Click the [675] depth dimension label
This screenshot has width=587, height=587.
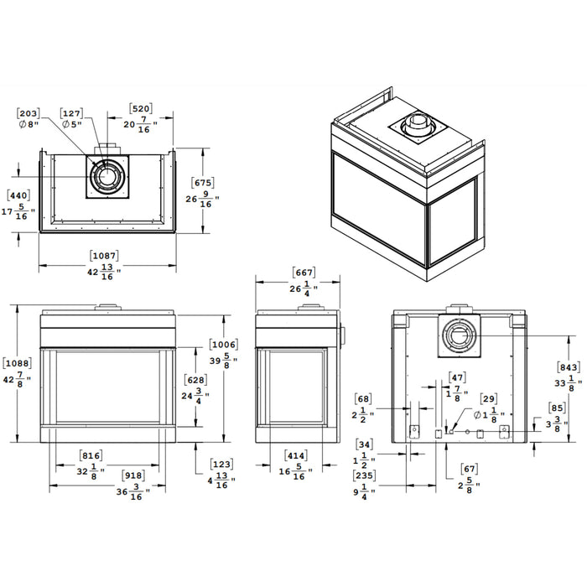(203, 183)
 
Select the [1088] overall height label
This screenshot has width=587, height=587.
(17, 363)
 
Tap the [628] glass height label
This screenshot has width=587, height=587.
(195, 380)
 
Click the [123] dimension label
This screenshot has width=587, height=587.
(221, 463)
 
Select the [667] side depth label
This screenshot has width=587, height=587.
(304, 273)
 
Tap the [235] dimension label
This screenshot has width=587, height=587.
(365, 475)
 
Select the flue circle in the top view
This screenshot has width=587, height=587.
(108, 177)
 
